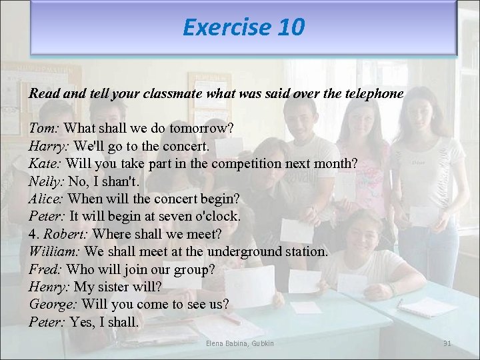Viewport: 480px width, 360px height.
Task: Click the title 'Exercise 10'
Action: point(243,27)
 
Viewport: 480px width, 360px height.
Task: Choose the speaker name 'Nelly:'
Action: point(47,181)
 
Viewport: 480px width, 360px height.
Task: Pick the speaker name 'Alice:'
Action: point(47,199)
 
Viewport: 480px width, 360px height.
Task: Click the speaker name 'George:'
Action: point(53,305)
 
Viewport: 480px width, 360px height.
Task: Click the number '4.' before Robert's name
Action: point(34,234)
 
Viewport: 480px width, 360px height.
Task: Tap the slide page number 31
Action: point(447,343)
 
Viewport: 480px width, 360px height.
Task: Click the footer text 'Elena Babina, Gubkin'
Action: point(240,343)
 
